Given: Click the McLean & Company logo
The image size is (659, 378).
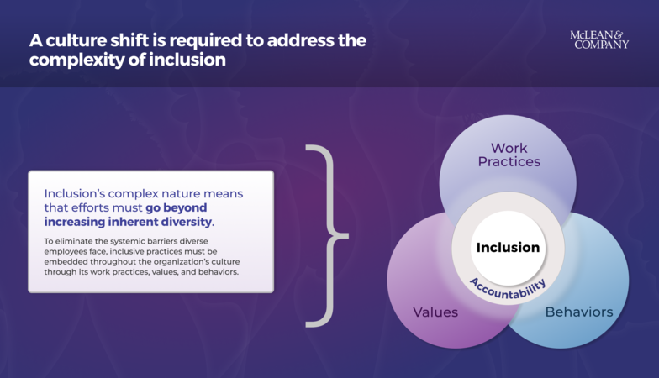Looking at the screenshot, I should coord(599,39).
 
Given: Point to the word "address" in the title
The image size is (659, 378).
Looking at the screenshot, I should coord(306,39).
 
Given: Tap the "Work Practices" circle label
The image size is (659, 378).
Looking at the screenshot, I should coord(509,155).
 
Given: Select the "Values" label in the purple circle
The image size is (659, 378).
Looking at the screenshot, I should coord(435,312).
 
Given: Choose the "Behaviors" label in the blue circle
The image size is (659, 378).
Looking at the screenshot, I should coord(578,312).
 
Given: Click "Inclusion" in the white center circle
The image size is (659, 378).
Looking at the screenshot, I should coord(508,248).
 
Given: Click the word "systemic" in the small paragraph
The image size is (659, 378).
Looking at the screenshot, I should coord(126,242).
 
